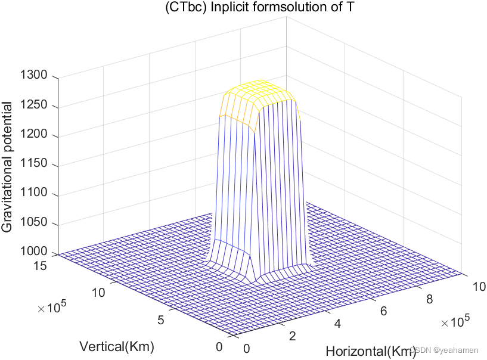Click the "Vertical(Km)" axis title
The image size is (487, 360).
tap(117, 346)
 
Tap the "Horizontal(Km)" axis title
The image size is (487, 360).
tap(370, 352)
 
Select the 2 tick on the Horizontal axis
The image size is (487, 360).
tap(292, 336)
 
